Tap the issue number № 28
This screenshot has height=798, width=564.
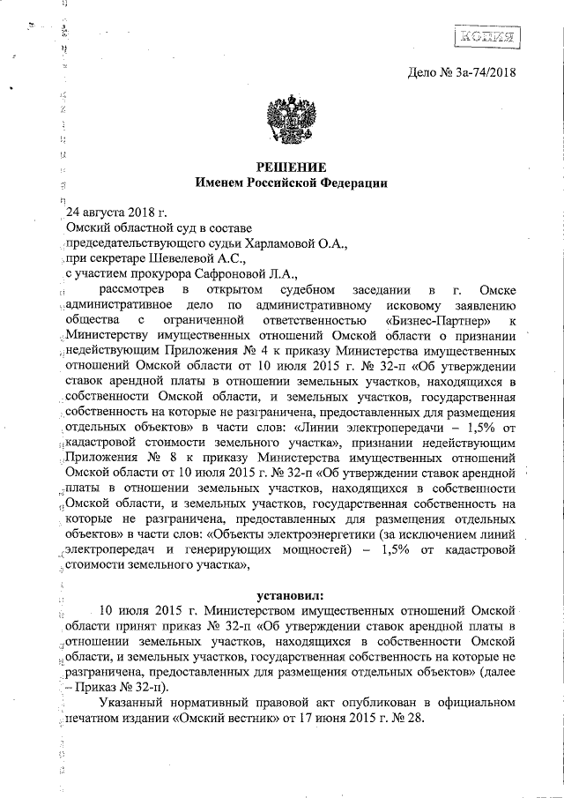tap(409, 719)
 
